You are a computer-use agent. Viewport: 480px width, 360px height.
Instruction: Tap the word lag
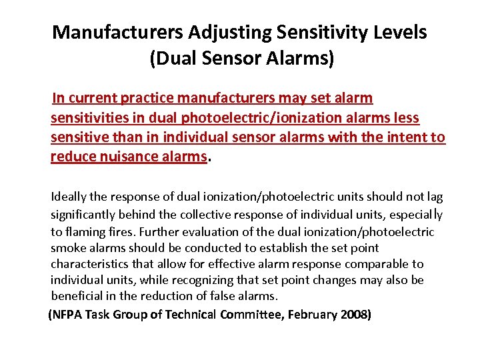[435, 197]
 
